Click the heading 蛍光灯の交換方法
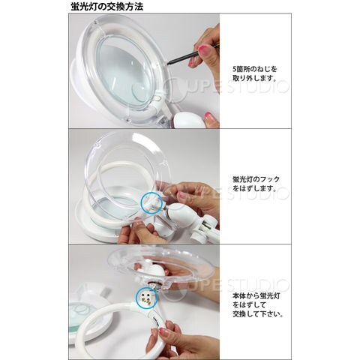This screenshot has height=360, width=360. (107, 7)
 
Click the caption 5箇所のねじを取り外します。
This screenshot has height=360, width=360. (255, 73)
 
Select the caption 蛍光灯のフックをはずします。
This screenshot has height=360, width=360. (256, 184)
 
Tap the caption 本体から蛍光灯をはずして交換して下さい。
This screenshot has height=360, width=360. (258, 305)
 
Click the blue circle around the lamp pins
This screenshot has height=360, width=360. (147, 297)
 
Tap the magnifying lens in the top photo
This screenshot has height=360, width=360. (124, 73)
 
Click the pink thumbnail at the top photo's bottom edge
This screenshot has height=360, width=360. (208, 115)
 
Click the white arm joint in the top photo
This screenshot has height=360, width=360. (190, 121)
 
